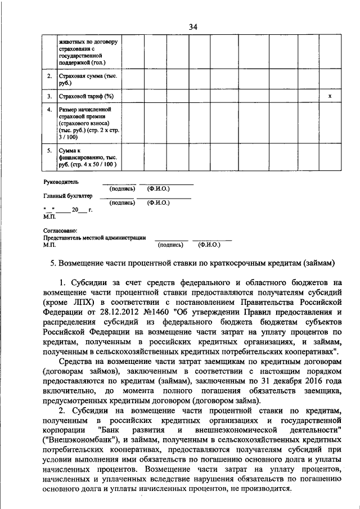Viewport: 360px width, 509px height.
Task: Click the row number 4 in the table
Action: [49, 109]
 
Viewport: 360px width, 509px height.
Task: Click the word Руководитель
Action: [61, 182]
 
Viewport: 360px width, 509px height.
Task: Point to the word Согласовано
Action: [60, 231]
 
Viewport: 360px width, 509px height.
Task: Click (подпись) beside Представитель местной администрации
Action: [170, 245]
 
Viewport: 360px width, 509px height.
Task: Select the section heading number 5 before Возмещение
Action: [53, 263]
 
